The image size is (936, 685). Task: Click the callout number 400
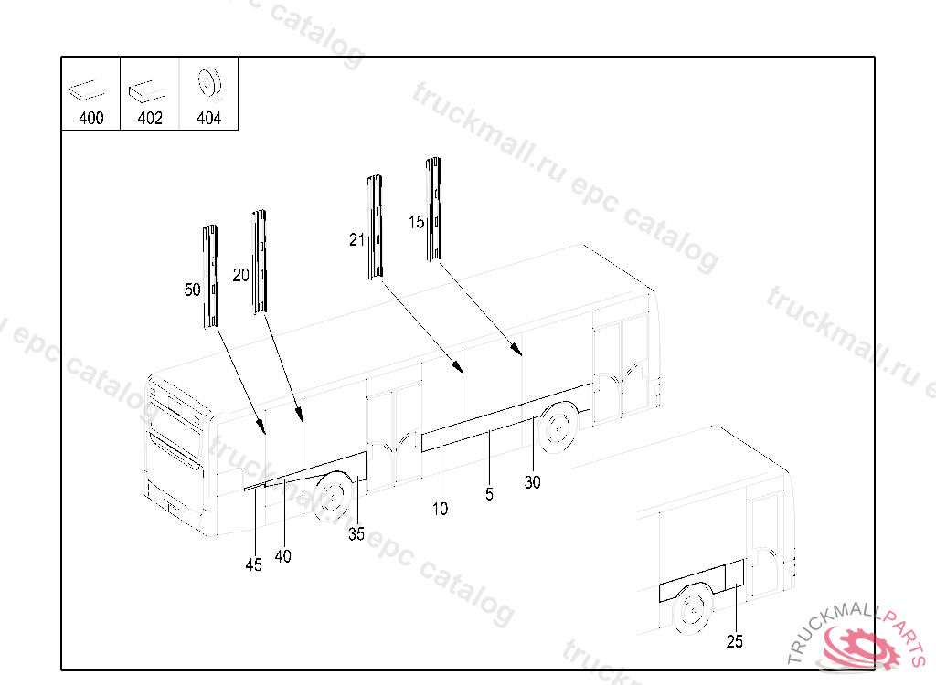point(91,118)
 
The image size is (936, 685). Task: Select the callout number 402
point(150,118)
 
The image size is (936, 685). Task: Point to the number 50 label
point(192,290)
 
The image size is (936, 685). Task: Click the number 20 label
point(240,275)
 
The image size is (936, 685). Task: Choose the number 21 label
point(356,240)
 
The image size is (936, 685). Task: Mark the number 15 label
point(416,223)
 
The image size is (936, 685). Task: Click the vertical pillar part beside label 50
point(210,277)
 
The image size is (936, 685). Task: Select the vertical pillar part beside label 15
point(433,209)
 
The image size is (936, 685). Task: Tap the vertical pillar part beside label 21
point(375,227)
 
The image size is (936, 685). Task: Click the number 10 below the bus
point(440,509)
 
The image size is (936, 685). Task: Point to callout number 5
point(490,494)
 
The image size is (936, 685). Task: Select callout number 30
point(533,482)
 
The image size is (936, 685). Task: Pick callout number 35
point(356,534)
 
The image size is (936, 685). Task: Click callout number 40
point(283,556)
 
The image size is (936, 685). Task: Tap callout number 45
point(254,565)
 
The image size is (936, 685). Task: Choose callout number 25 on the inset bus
point(735,641)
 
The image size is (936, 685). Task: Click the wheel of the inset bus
point(693,609)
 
